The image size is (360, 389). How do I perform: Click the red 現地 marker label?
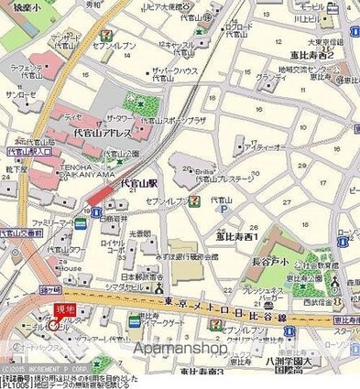65,312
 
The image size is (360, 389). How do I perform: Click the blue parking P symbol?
223,209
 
